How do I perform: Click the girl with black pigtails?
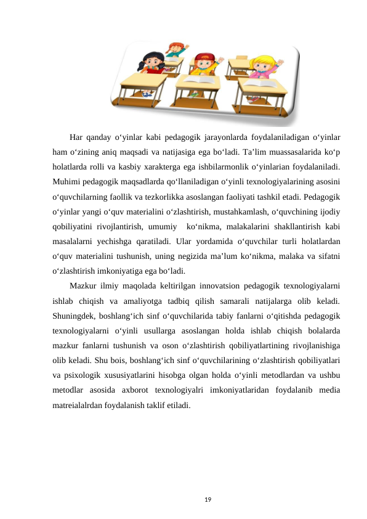click(x=151, y=63)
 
